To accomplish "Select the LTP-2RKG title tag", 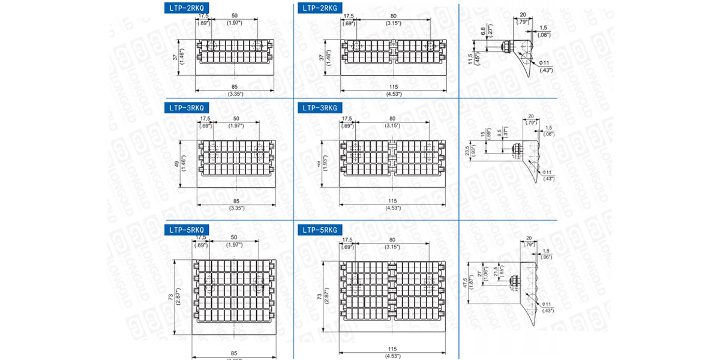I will click(x=320, y=8).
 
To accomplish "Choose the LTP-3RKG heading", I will click(x=320, y=108).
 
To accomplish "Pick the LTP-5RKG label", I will click(x=320, y=230).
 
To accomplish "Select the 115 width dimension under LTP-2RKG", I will click(x=393, y=87).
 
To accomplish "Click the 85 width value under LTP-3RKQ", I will click(x=236, y=201).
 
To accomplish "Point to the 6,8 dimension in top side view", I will click(x=484, y=31).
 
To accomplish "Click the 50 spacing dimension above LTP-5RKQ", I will click(x=234, y=238).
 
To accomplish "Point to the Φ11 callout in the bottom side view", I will click(x=547, y=304).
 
